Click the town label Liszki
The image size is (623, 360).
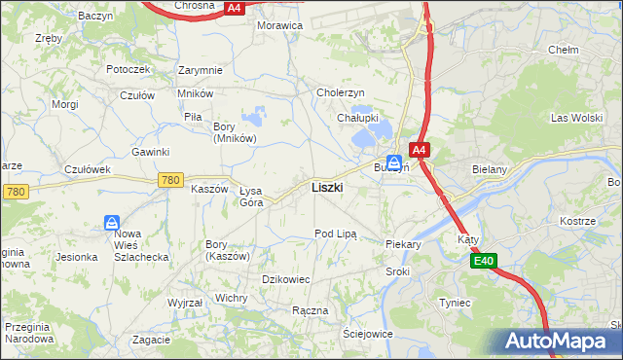[x=326, y=188]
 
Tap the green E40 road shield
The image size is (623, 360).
[x=485, y=261]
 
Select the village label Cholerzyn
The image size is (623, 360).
[x=341, y=92]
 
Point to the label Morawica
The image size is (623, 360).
[x=279, y=25]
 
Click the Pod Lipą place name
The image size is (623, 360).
[x=336, y=234]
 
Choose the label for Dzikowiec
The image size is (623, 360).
[x=285, y=279]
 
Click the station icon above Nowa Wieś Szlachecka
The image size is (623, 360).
[x=112, y=224]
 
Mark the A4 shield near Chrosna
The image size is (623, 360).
[x=233, y=8]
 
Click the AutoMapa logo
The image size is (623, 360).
[x=562, y=342]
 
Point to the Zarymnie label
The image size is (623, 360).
[x=201, y=70]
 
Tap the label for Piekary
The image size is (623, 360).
[x=403, y=245]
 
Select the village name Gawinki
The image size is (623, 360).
[x=151, y=152]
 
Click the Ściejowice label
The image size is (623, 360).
[x=367, y=334]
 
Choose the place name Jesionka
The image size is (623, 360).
[x=77, y=258]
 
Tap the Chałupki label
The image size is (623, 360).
[x=357, y=118]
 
